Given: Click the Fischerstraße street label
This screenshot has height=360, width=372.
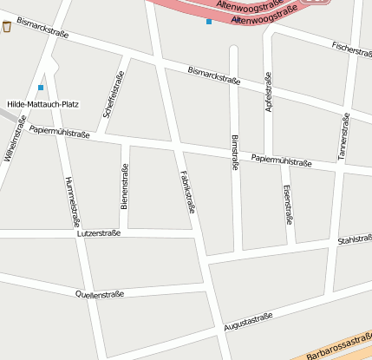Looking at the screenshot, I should pos(351,49).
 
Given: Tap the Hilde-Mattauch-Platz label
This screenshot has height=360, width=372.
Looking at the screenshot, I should pos(42,104).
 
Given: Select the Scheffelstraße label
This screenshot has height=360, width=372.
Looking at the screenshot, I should pos(112,95).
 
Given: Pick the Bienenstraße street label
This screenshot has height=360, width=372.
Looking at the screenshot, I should pos(125,189).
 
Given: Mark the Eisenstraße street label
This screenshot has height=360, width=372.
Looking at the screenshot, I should pos(286,204).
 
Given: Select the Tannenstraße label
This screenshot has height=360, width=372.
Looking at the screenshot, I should pos(343,137).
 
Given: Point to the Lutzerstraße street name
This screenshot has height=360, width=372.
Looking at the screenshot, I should pos(98,233).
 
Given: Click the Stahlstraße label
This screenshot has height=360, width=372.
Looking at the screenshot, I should pos(354,239).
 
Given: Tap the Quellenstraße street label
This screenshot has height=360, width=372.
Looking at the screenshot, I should pos(100,294).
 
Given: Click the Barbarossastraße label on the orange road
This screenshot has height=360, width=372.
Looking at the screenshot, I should pos(338,348).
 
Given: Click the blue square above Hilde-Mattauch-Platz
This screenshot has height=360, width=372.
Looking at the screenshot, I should pos(41,88).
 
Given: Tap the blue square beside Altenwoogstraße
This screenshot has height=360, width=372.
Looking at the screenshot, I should pos(208,22).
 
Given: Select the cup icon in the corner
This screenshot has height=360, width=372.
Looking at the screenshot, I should pos(7,26).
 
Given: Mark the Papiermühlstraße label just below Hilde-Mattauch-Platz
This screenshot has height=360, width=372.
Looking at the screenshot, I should pos(59,130).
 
